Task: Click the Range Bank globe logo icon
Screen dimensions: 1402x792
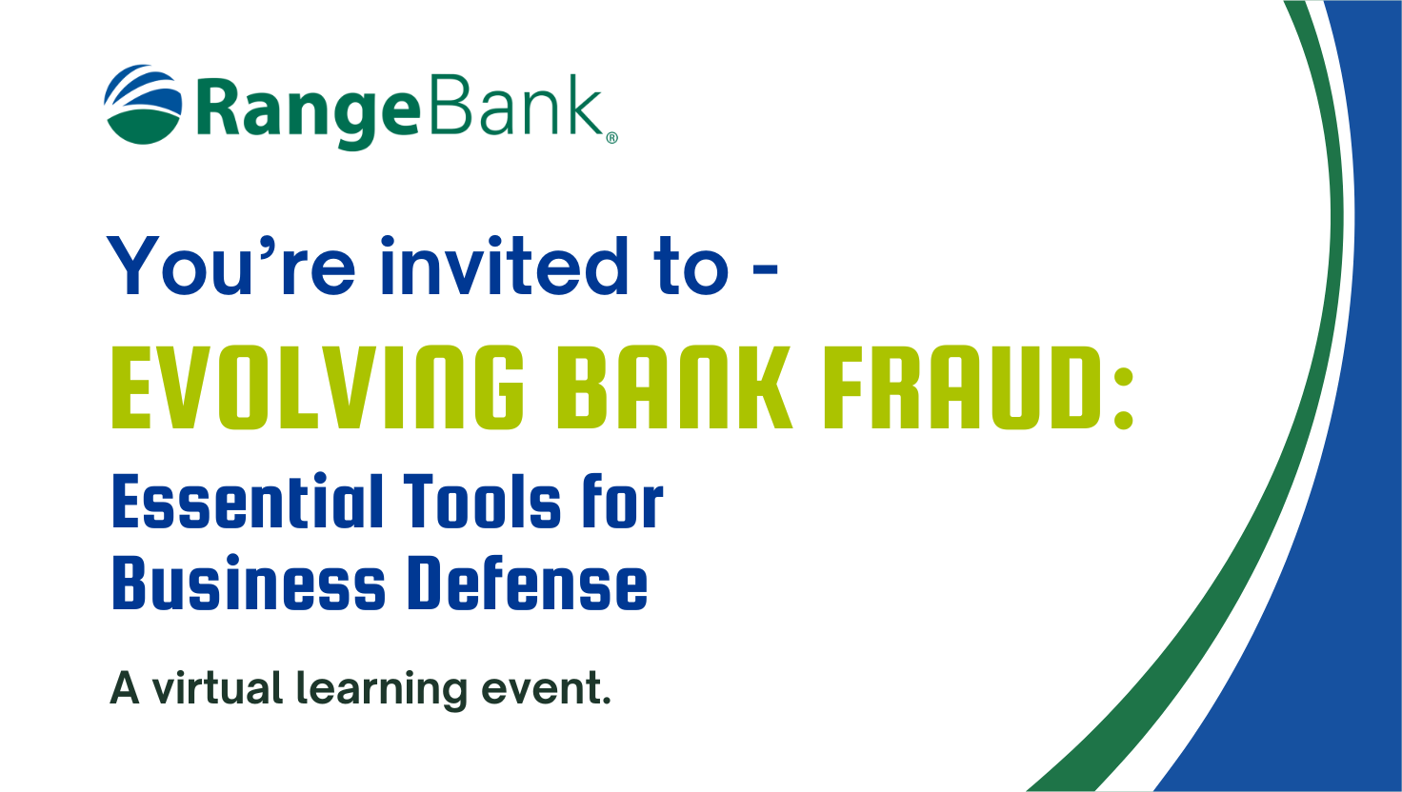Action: click(143, 105)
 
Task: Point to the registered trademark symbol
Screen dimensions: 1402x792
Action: click(612, 138)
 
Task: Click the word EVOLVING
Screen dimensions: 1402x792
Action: click(317, 387)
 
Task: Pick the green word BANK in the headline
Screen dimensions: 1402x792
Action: click(674, 387)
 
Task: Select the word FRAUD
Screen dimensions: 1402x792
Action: click(963, 387)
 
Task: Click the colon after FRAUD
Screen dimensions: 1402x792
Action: click(1124, 398)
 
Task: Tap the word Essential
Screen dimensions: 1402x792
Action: click(248, 501)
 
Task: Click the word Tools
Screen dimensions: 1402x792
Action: click(482, 501)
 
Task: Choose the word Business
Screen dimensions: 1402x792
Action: click(249, 583)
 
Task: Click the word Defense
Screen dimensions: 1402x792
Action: click(528, 583)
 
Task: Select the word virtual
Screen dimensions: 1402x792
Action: click(218, 687)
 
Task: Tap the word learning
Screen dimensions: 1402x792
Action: click(382, 691)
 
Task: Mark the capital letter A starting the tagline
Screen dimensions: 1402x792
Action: click(125, 688)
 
